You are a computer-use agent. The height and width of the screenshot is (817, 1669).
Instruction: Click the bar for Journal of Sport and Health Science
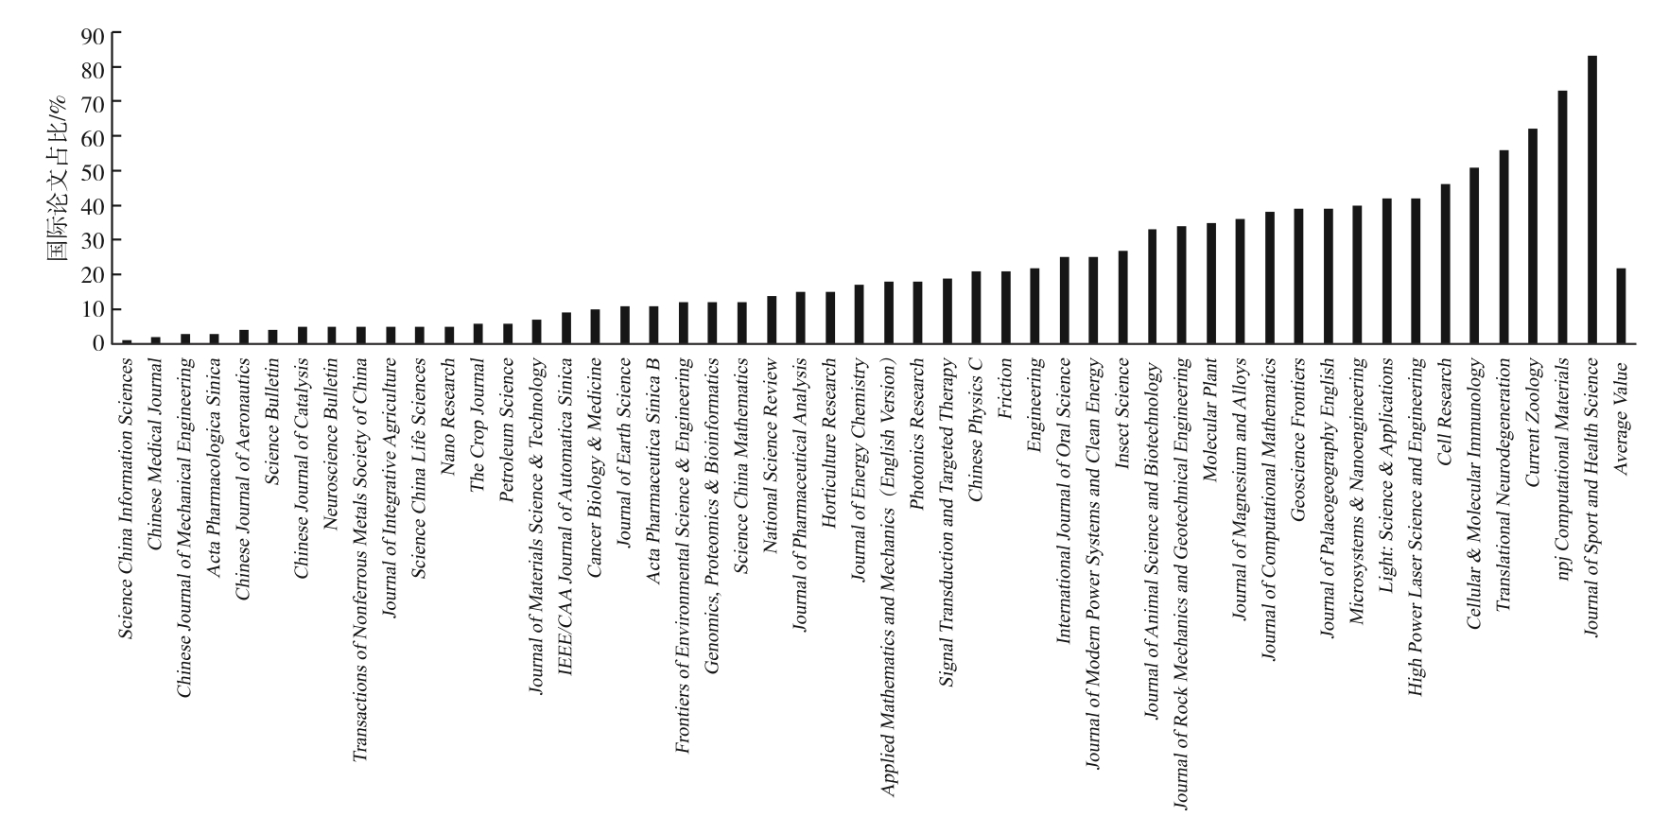[1591, 200]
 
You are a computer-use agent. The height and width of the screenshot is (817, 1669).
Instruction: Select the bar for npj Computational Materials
[1562, 217]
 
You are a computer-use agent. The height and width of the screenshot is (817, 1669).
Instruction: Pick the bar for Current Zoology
[1533, 235]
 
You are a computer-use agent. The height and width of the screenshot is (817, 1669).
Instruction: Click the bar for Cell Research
[1445, 264]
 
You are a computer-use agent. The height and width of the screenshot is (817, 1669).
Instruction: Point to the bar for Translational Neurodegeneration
[1504, 247]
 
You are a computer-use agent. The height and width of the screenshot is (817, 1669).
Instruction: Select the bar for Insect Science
[1122, 297]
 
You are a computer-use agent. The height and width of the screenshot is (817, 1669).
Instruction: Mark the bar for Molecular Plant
[1210, 283]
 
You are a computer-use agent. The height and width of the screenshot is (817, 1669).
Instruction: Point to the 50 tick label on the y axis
[94, 172]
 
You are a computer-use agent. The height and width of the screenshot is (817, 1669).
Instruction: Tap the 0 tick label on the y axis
[99, 343]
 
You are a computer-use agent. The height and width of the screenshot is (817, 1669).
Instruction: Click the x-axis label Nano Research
[449, 402]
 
